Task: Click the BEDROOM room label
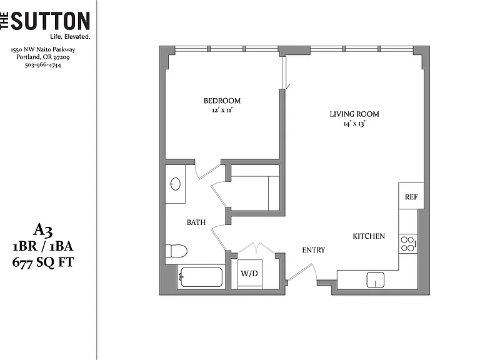coord(222,101)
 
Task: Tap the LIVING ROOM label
coord(354,114)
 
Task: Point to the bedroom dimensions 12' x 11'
coord(222,110)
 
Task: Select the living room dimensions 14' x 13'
coord(354,124)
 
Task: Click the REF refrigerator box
coord(411,196)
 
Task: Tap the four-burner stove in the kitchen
coord(408,244)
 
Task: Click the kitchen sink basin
coord(375,280)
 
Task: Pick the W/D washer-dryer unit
coord(250,274)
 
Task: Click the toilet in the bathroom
coord(176,251)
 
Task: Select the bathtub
coord(201,277)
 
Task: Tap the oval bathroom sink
coord(175,184)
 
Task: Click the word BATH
coord(196,222)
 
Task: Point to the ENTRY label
coord(314,250)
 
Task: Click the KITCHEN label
coord(369,236)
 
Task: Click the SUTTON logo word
coord(50,21)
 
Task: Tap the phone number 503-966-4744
coord(43,65)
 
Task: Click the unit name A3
coord(43,230)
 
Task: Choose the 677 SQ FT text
coord(43,262)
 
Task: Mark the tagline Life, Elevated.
coord(70,37)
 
